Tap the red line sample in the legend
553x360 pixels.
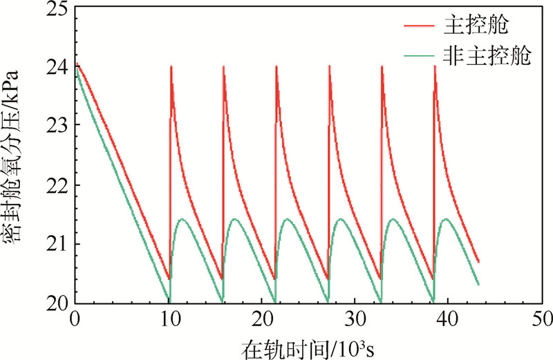pos(420,26)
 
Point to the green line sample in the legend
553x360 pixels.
pos(420,57)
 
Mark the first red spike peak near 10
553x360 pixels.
pos(171,66)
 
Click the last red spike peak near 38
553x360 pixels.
pos(435,66)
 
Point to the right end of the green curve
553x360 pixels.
pos(478,284)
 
